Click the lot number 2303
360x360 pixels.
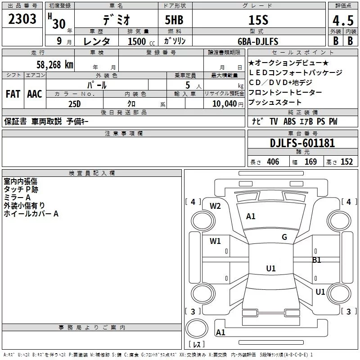(x=22, y=19)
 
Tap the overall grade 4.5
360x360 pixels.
(x=343, y=21)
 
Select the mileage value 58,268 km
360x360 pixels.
(x=55, y=65)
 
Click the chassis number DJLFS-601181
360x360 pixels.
(x=302, y=143)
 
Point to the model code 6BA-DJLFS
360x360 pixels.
(x=258, y=41)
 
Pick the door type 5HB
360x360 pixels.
(x=174, y=20)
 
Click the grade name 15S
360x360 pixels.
(x=258, y=20)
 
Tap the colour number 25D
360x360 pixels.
(x=75, y=104)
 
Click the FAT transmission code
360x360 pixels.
(x=13, y=94)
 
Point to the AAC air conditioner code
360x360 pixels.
(x=35, y=94)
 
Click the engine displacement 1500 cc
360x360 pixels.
(x=141, y=41)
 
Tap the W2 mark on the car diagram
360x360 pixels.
(x=215, y=206)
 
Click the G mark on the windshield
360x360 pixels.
(x=284, y=237)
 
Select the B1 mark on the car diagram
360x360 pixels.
(x=317, y=260)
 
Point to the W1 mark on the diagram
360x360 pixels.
(x=215, y=241)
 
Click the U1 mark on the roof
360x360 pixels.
(x=271, y=268)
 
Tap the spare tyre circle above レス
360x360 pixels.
(x=197, y=328)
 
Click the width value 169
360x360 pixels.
(x=310, y=162)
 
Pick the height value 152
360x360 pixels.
(x=346, y=162)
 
